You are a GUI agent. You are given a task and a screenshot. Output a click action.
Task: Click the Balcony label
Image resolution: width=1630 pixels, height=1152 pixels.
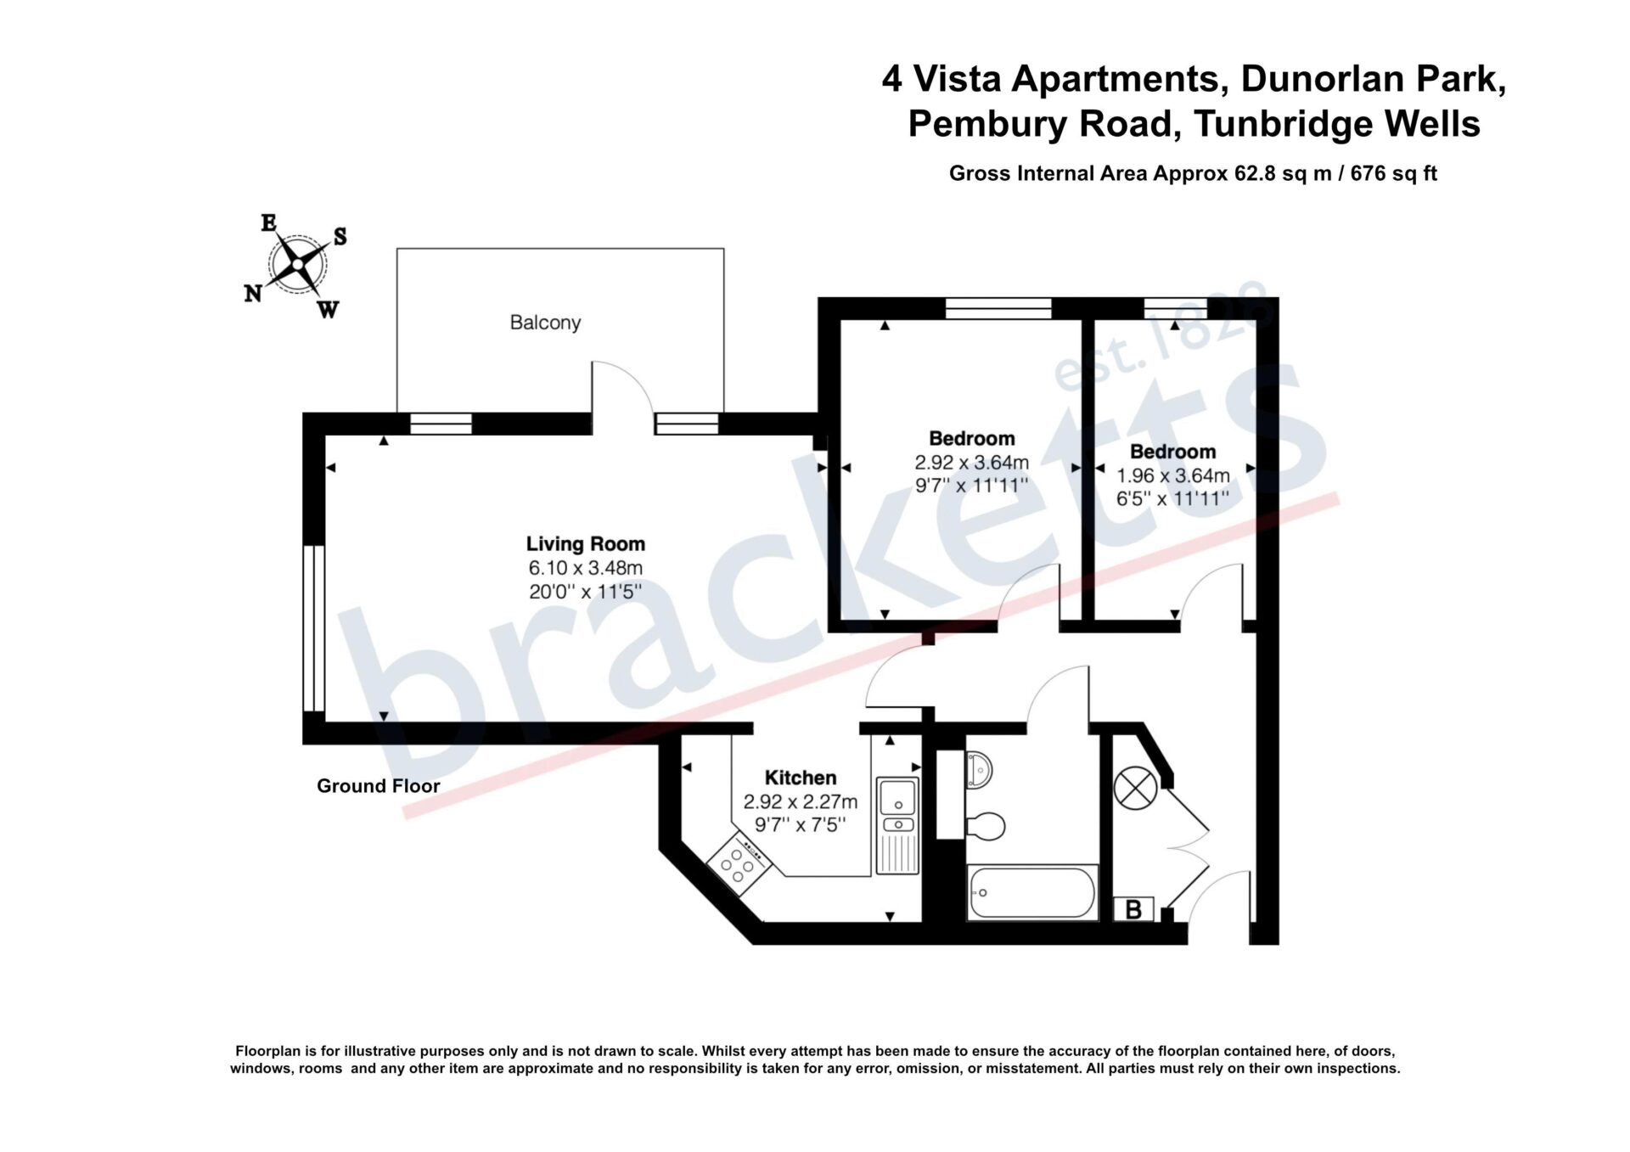pyautogui.click(x=545, y=323)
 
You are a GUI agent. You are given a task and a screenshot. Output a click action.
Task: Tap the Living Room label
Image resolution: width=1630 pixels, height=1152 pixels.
pyautogui.click(x=586, y=543)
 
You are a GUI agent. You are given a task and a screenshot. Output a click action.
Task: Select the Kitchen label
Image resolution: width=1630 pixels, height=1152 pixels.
pyautogui.click(x=801, y=778)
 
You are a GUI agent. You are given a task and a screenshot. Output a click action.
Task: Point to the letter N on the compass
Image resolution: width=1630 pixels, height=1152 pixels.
pyautogui.click(x=253, y=294)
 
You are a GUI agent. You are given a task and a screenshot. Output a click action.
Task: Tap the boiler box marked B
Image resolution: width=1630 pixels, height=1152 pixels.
pyautogui.click(x=1133, y=909)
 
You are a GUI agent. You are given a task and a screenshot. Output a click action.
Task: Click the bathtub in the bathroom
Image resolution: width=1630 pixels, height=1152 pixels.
pyautogui.click(x=1031, y=892)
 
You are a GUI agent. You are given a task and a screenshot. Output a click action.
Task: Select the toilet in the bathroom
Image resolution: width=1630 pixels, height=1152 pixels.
pyautogui.click(x=986, y=824)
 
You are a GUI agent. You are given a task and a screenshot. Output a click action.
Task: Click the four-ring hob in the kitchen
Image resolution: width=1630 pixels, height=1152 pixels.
pyautogui.click(x=738, y=863)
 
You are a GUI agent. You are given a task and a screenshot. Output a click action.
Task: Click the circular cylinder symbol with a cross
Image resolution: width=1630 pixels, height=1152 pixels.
pyautogui.click(x=1135, y=789)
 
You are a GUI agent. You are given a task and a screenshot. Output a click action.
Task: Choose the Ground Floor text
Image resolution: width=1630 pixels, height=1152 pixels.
pyautogui.click(x=379, y=786)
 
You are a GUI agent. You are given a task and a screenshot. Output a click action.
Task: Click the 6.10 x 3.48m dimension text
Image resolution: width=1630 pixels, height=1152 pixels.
pyautogui.click(x=586, y=568)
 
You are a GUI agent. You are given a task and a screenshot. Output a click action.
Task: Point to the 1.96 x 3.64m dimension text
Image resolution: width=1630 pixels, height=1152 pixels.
pyautogui.click(x=1173, y=475)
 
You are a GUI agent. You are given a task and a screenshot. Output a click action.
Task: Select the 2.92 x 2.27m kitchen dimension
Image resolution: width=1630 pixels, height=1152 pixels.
pyautogui.click(x=801, y=801)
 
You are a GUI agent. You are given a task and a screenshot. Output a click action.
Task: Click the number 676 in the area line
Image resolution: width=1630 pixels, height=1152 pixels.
pyautogui.click(x=1368, y=173)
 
